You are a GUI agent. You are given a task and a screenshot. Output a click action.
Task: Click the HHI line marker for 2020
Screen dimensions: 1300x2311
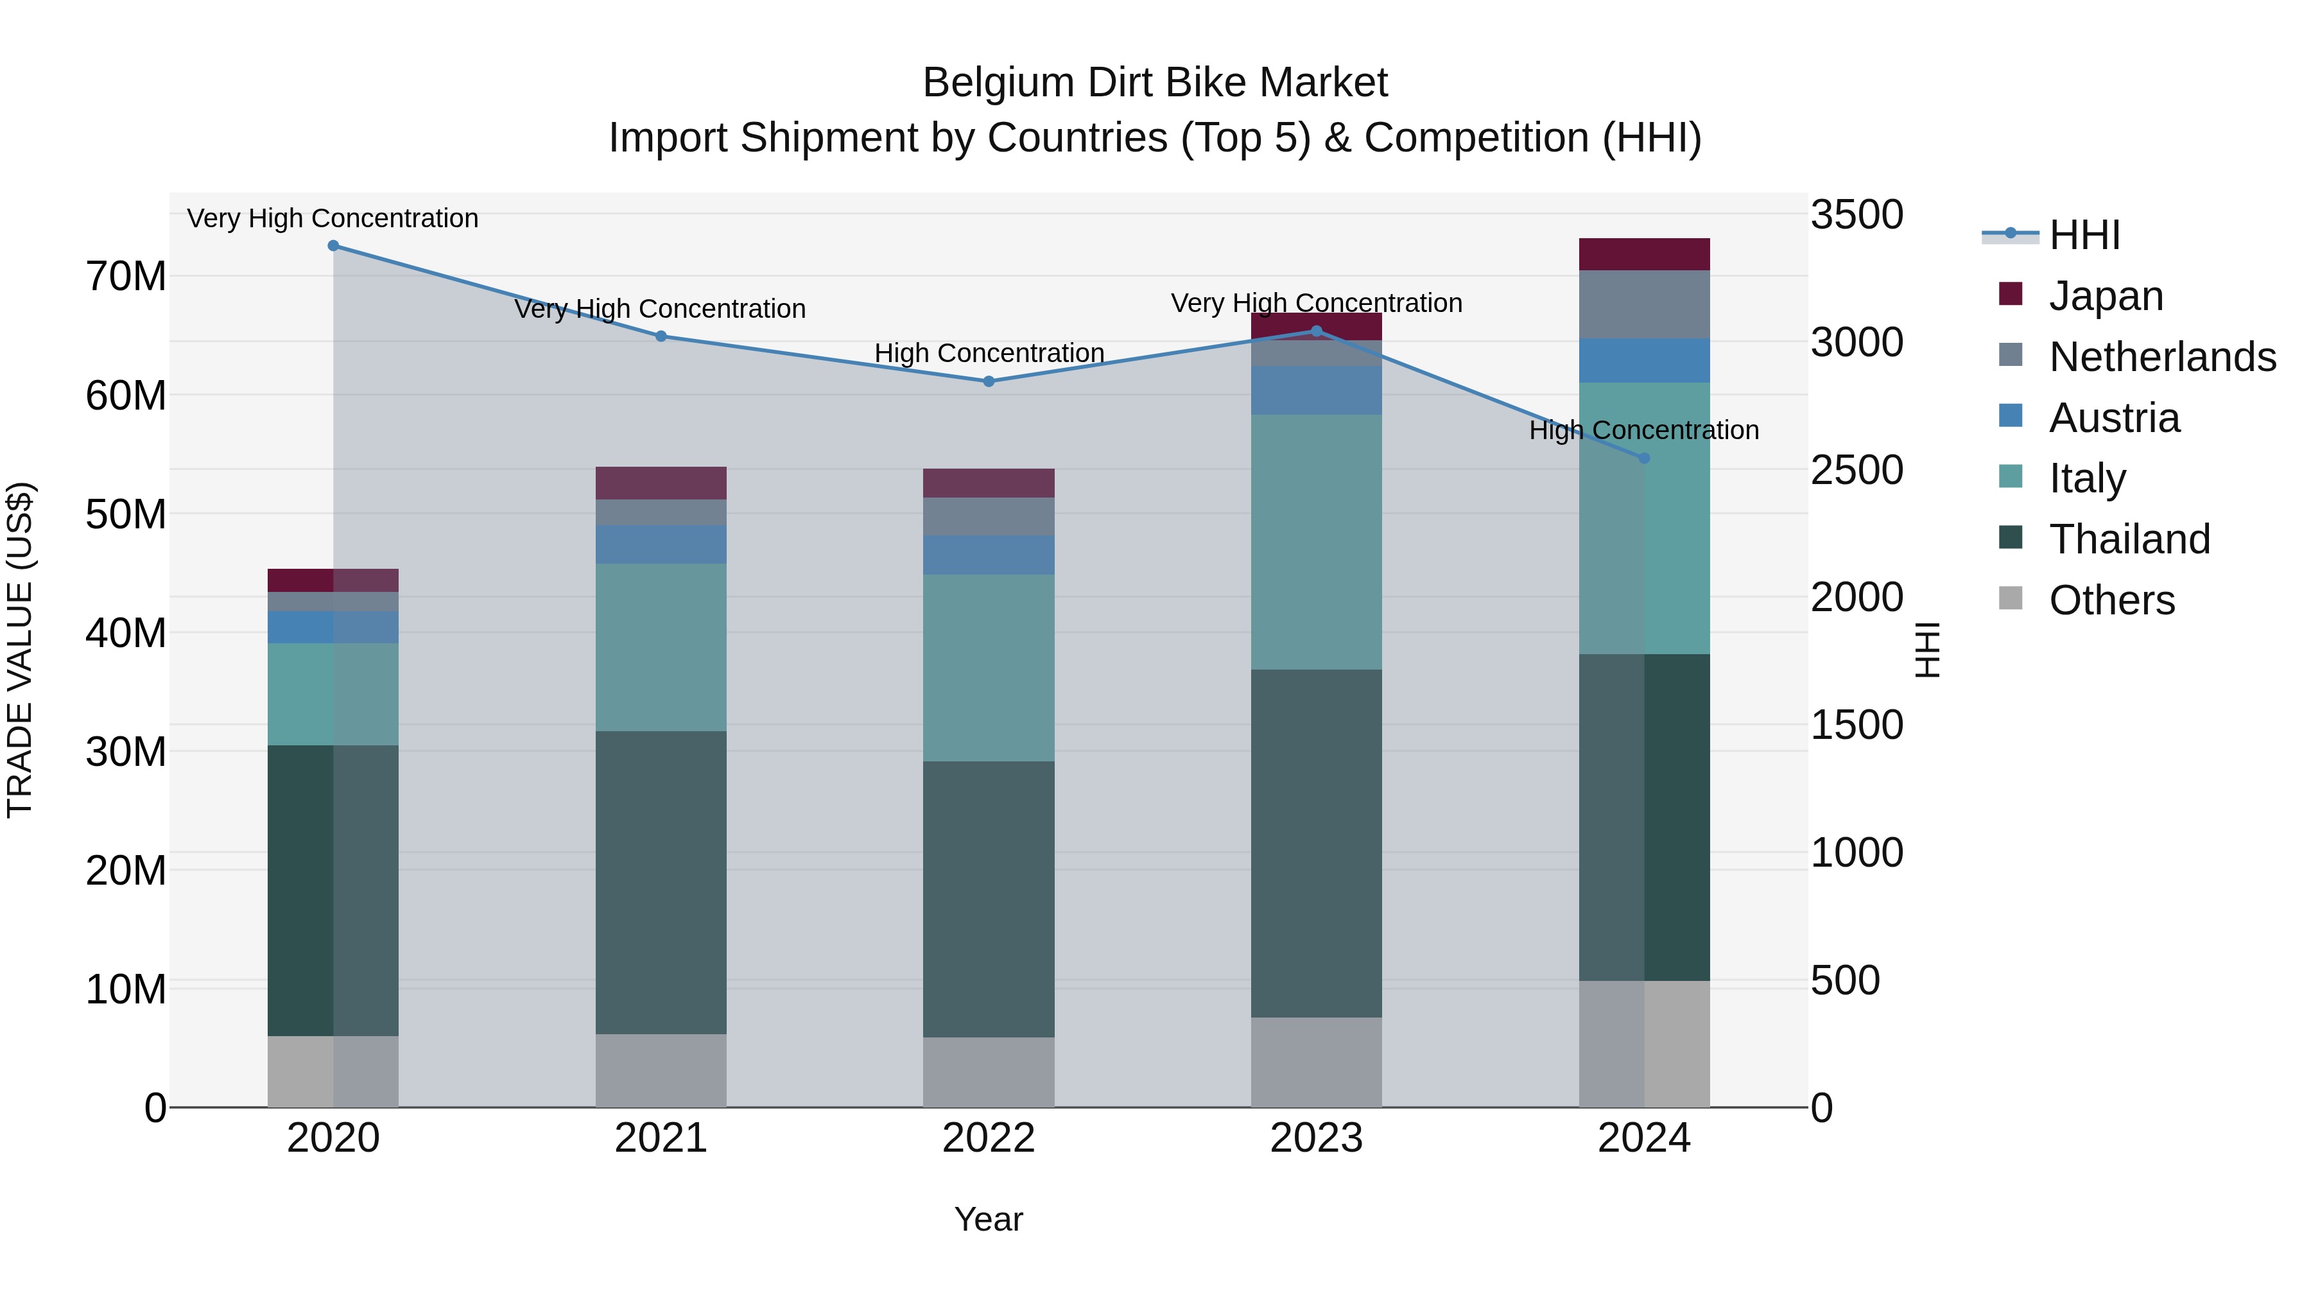(333, 246)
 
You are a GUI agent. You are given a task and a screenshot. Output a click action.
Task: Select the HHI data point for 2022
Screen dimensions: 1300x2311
(989, 381)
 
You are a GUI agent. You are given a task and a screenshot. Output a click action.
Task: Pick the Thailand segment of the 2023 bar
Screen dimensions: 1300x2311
(1316, 844)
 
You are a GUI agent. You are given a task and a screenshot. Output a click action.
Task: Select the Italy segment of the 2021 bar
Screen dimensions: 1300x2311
(661, 647)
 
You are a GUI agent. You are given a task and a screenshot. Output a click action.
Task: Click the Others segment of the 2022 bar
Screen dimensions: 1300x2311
(989, 1072)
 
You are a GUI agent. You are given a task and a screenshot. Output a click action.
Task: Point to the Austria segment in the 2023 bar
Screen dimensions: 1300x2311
(1316, 390)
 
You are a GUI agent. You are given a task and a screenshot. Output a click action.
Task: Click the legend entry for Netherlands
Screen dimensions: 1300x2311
(2161, 357)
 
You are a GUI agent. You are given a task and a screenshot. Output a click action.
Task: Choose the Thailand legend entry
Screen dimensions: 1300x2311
(2129, 539)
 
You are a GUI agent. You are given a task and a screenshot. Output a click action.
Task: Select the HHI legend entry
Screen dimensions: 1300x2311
(2084, 235)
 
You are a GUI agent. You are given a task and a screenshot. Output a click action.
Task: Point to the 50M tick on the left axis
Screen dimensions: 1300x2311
(126, 514)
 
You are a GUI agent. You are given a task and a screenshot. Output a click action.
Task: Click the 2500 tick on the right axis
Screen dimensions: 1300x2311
(1856, 470)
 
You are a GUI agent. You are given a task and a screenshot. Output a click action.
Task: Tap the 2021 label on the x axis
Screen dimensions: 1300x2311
(661, 1138)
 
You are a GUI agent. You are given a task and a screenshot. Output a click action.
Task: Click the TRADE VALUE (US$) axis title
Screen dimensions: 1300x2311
(21, 650)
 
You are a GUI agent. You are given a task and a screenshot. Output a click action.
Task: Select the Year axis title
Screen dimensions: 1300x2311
(989, 1219)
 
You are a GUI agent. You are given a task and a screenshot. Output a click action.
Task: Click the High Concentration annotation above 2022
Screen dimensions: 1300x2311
(989, 354)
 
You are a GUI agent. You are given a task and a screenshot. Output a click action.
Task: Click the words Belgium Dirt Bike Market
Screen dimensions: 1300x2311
(1155, 83)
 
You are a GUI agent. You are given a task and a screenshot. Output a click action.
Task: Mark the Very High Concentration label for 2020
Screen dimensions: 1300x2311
(333, 218)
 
